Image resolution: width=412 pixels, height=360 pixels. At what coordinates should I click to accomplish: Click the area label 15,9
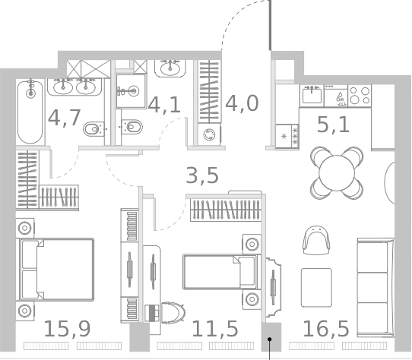click(x=67, y=329)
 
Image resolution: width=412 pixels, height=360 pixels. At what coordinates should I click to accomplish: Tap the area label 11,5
click(x=214, y=329)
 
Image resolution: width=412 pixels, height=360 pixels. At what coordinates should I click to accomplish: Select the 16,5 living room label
click(x=325, y=329)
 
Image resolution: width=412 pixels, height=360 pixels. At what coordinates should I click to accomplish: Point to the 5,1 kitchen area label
click(x=333, y=123)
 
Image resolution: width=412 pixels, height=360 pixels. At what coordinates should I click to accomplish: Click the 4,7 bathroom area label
click(x=64, y=118)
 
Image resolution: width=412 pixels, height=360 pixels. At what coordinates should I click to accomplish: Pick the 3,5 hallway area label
click(x=202, y=175)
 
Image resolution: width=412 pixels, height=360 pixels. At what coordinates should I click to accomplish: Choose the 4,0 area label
click(x=242, y=103)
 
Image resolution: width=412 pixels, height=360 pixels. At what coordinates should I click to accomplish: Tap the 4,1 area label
click(x=164, y=105)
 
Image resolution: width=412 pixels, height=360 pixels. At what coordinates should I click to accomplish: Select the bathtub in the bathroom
click(x=30, y=112)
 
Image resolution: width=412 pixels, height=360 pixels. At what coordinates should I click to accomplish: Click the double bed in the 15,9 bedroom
click(x=56, y=270)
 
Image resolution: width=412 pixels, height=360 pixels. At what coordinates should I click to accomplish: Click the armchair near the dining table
click(x=316, y=241)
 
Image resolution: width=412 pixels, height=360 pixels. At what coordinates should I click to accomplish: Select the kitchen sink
click(x=312, y=95)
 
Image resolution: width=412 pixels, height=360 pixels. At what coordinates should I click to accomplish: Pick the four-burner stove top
click(x=359, y=95)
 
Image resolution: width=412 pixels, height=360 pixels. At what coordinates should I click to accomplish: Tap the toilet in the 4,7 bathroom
click(x=92, y=129)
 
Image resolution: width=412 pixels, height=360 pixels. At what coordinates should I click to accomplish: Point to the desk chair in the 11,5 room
click(x=172, y=311)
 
